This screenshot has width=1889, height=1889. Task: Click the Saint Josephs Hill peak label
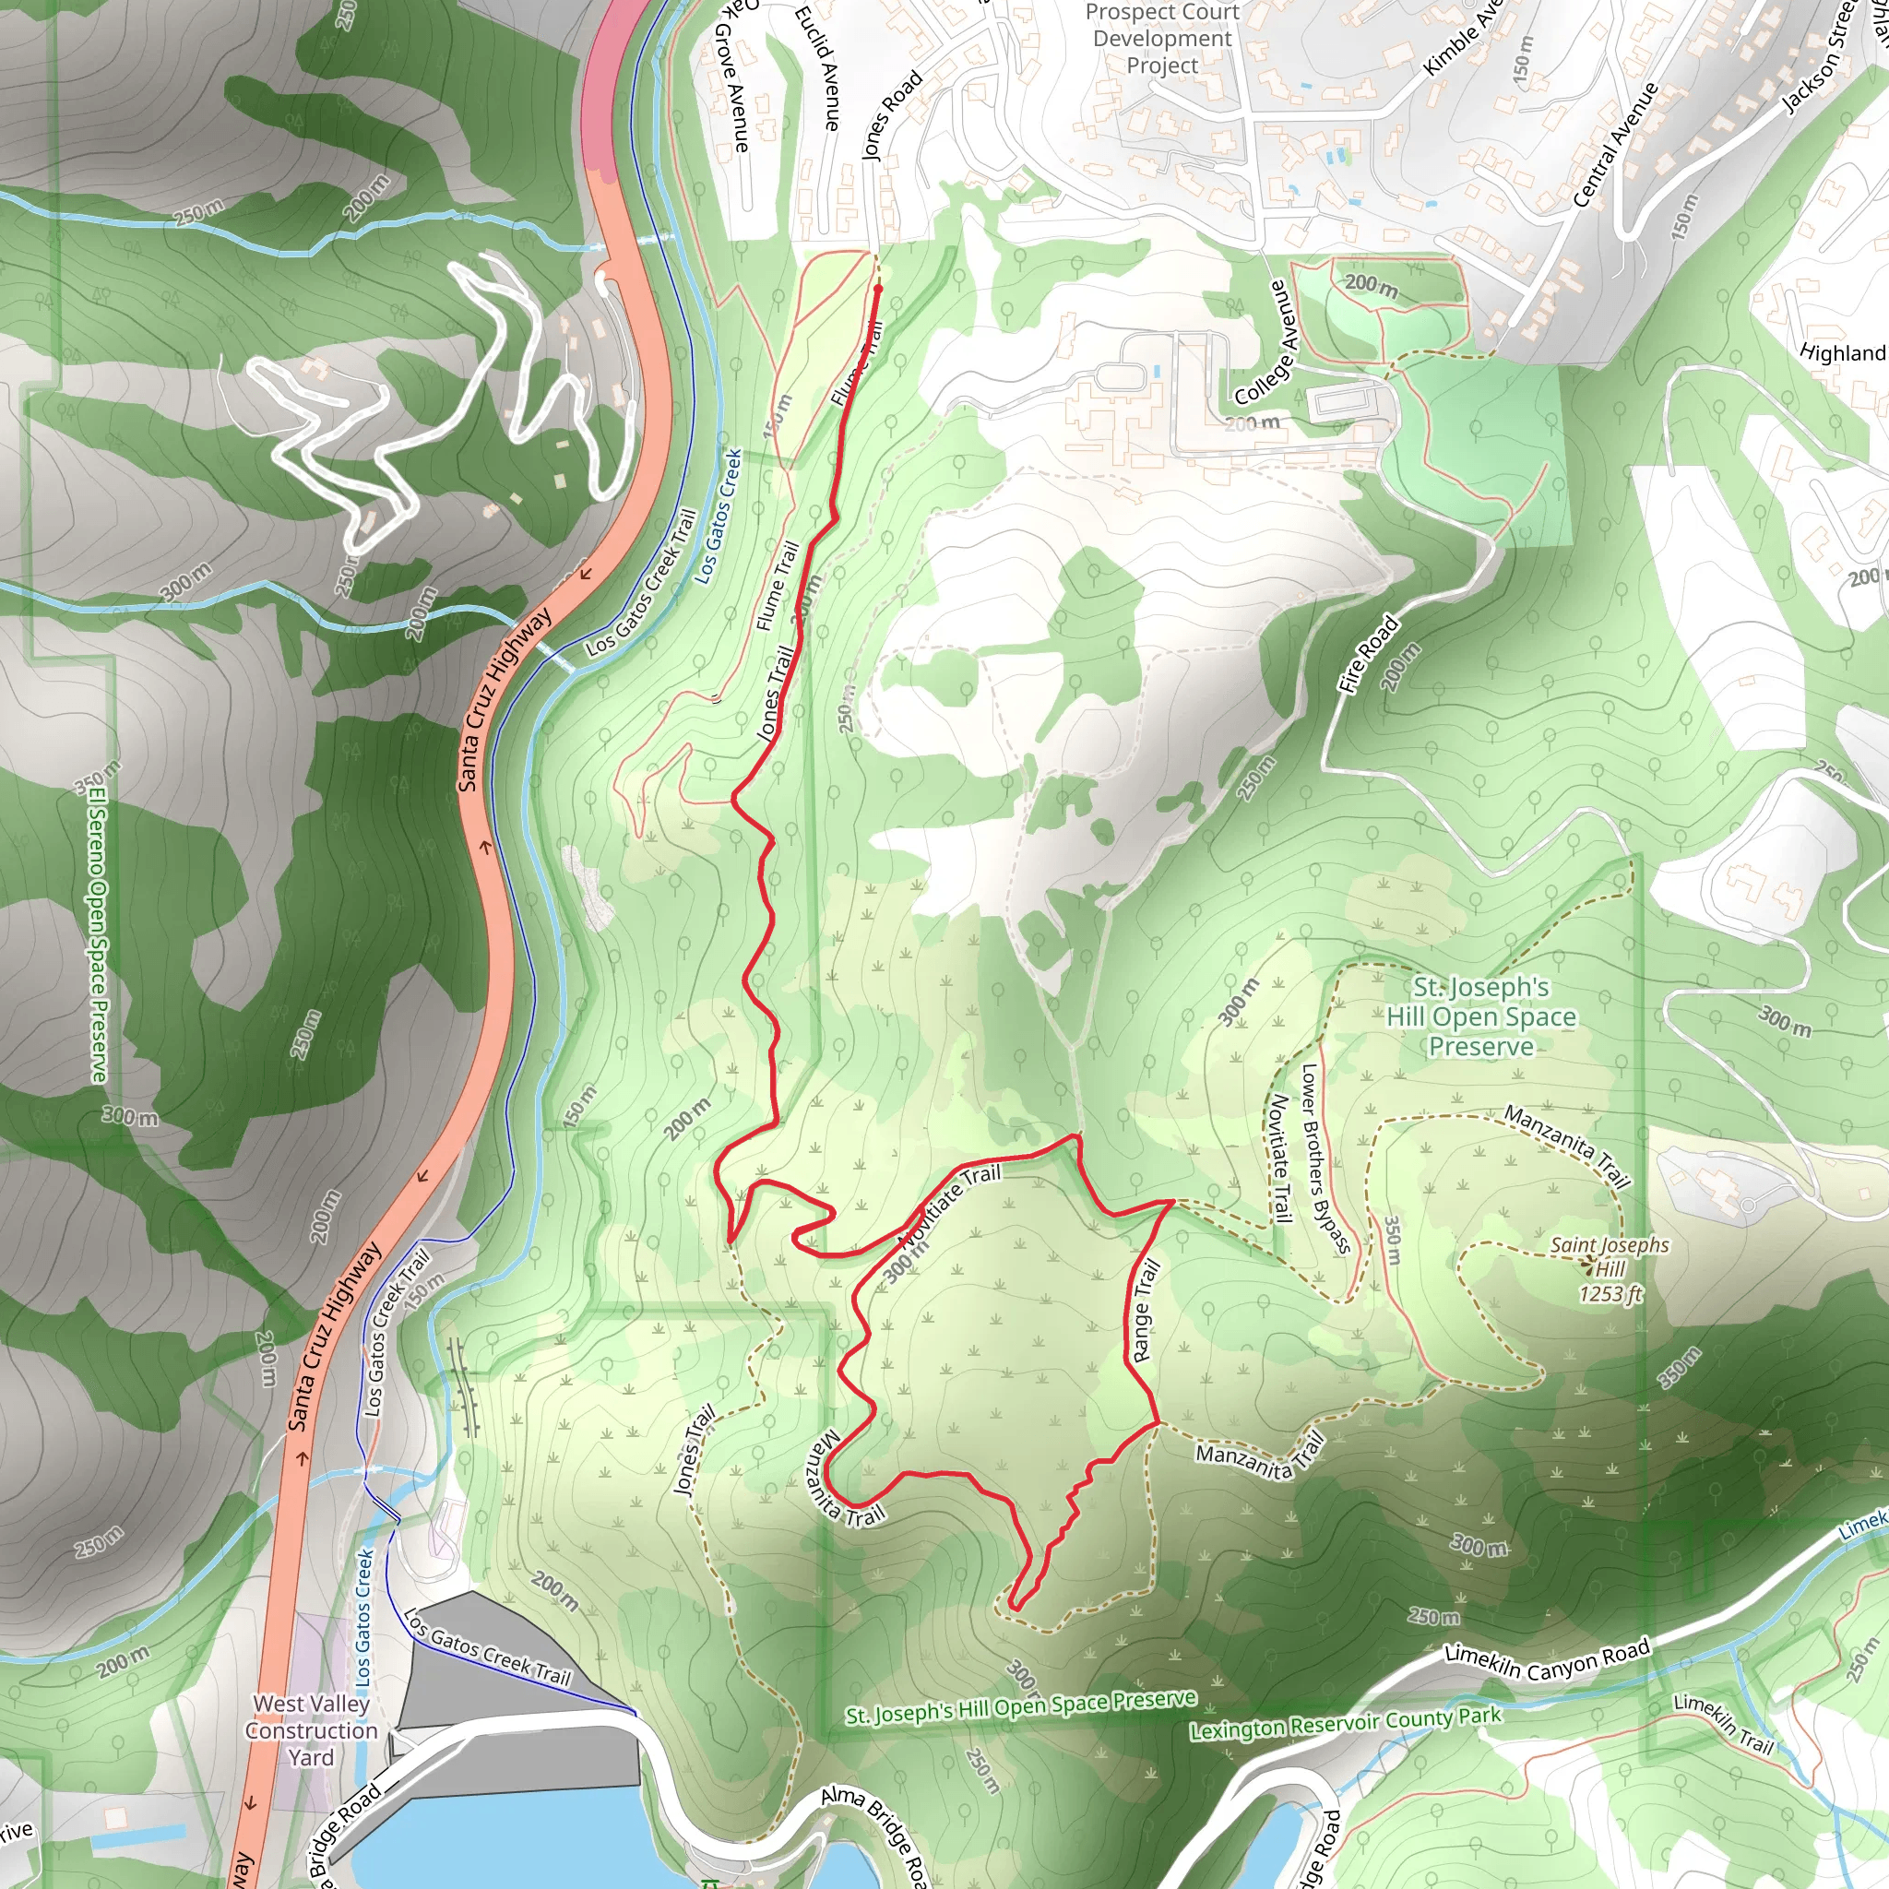coord(1610,1257)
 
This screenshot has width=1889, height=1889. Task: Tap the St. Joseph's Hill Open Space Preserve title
coord(1481,1016)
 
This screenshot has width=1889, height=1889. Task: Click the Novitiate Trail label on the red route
coord(949,1206)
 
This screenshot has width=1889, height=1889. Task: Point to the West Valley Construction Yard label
coord(311,1730)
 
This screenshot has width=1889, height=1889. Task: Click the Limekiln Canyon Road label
coord(1547,1664)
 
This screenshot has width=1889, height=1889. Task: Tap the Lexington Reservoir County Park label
coord(1345,1723)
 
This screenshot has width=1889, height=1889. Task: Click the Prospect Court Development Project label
coord(1161,39)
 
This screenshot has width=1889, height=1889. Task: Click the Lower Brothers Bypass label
coord(1325,1158)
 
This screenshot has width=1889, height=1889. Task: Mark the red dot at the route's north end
coord(877,290)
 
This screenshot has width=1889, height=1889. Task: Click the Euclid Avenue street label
coord(817,68)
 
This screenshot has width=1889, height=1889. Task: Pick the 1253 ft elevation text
coord(1610,1294)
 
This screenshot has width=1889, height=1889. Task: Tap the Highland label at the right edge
coord(1842,353)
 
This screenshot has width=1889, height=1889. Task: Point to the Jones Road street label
coord(892,115)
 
